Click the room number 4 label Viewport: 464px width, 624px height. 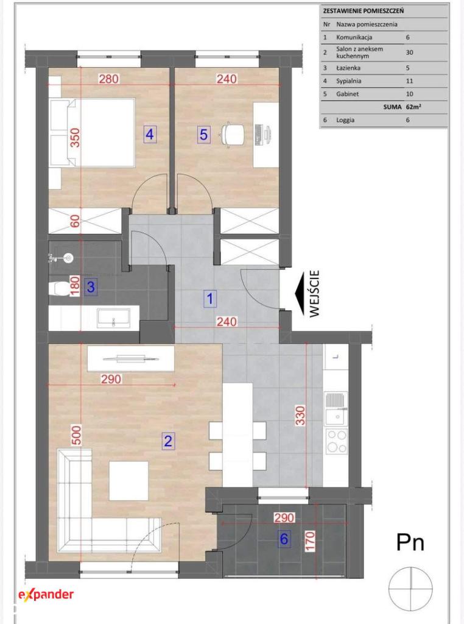(x=150, y=135)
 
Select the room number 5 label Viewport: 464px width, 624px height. (x=203, y=135)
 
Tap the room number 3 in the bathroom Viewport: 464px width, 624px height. (x=91, y=286)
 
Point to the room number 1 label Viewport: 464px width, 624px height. (x=210, y=299)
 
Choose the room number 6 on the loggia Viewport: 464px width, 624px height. (x=284, y=539)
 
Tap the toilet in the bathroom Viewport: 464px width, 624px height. (x=60, y=288)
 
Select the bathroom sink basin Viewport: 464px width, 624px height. (x=114, y=318)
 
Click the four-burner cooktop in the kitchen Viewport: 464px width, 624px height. (x=336, y=441)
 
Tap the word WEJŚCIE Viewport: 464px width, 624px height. (x=314, y=294)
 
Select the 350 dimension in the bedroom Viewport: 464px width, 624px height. (x=75, y=138)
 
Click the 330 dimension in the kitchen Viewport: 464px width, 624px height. (x=300, y=416)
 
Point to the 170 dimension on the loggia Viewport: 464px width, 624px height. (x=310, y=541)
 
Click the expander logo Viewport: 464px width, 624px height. (x=46, y=595)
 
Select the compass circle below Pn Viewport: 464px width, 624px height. (x=410, y=589)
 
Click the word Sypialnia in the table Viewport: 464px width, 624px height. (x=349, y=81)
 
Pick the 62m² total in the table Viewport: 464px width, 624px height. (x=414, y=107)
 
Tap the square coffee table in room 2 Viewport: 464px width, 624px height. (x=129, y=481)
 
